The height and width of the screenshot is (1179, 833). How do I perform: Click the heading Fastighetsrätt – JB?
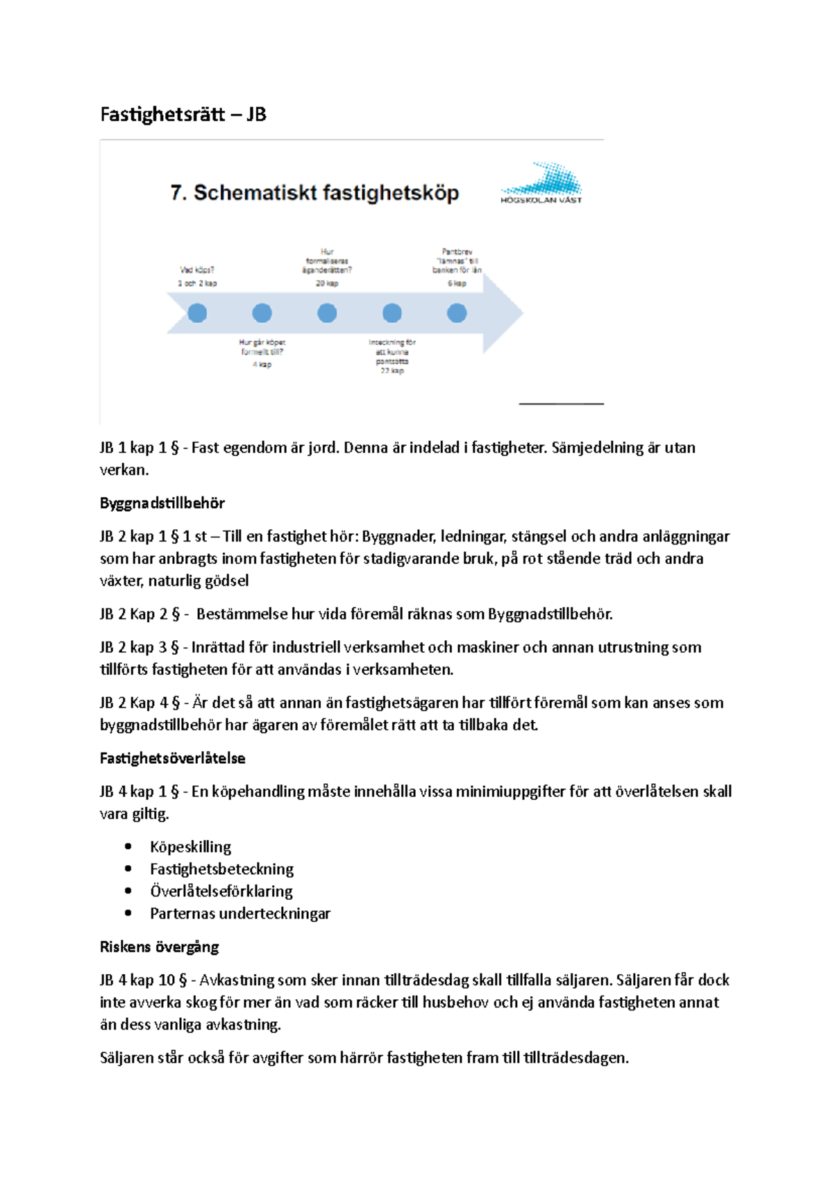pyautogui.click(x=183, y=114)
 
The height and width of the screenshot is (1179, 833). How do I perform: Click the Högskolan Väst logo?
pyautogui.click(x=541, y=183)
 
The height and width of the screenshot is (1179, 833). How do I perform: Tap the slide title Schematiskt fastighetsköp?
pyautogui.click(x=314, y=192)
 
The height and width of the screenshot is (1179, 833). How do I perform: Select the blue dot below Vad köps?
pyautogui.click(x=197, y=313)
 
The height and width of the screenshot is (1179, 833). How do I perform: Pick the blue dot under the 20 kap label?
pyautogui.click(x=327, y=313)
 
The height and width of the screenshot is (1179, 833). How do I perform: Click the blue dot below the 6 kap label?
pyautogui.click(x=457, y=313)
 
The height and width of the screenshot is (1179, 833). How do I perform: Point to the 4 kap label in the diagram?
pyautogui.click(x=262, y=365)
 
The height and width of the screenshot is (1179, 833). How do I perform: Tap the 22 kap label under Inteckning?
pyautogui.click(x=392, y=371)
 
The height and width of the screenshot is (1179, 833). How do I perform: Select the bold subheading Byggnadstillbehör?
pyautogui.click(x=162, y=503)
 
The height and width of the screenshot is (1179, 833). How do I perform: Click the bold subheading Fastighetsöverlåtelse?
pyautogui.click(x=172, y=758)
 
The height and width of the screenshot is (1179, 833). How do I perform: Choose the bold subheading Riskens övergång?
pyautogui.click(x=159, y=947)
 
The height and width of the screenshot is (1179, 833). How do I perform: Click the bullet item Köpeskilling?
pyautogui.click(x=190, y=847)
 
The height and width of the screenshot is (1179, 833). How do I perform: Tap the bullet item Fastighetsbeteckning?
pyautogui.click(x=221, y=869)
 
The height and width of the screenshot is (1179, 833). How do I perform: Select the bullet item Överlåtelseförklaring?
pyautogui.click(x=221, y=892)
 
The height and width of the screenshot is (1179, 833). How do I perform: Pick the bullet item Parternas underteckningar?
pyautogui.click(x=239, y=914)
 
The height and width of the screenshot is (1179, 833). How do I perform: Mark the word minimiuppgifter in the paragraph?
pyautogui.click(x=510, y=792)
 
